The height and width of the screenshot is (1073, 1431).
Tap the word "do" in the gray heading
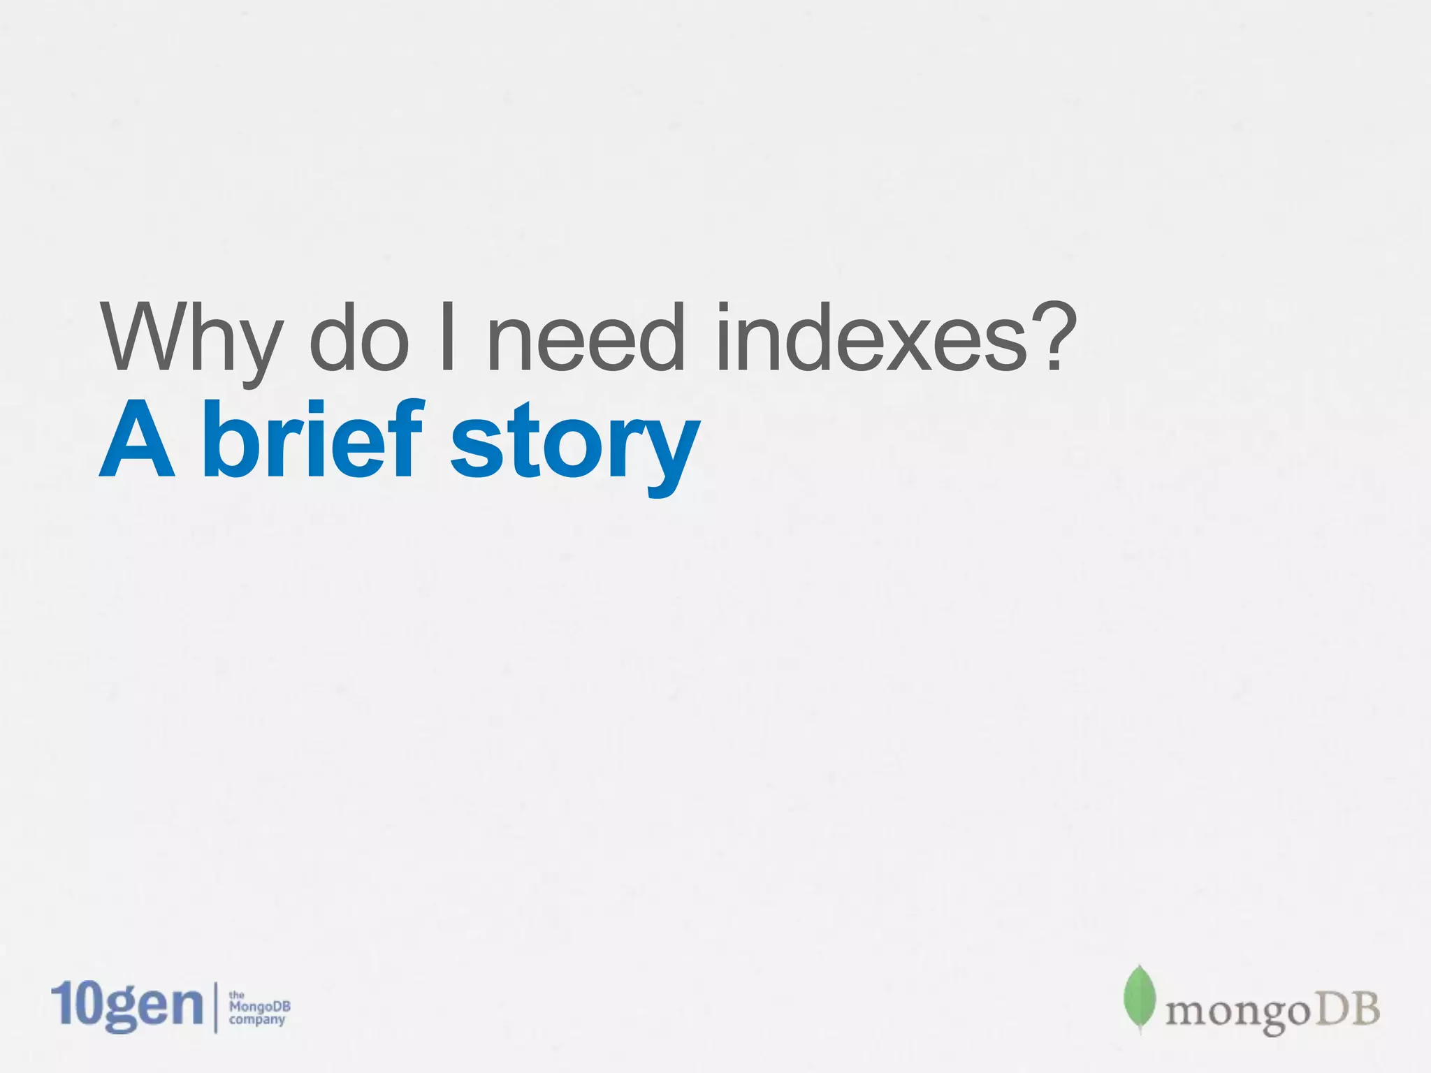(358, 337)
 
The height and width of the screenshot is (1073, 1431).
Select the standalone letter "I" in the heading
(448, 337)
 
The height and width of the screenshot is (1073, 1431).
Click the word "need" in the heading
(586, 337)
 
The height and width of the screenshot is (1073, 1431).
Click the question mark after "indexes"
(1051, 334)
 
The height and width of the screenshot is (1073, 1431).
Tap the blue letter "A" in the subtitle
(137, 440)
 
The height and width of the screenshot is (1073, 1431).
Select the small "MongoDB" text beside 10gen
(259, 1007)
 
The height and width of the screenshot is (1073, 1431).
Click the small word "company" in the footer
(257, 1020)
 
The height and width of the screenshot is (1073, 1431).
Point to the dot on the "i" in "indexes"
(725, 311)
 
